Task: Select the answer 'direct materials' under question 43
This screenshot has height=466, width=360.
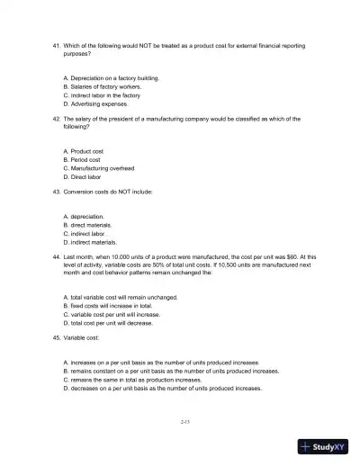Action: pos(93,224)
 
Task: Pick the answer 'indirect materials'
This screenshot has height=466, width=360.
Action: pos(95,241)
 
